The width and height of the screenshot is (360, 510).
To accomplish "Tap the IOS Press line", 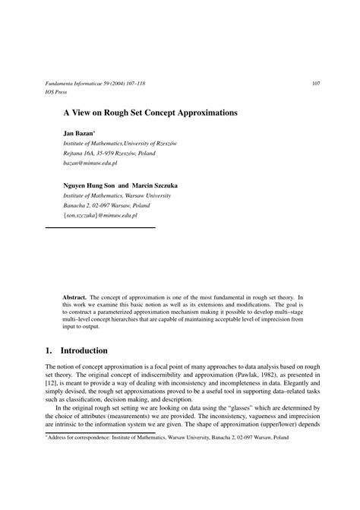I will click(57, 92).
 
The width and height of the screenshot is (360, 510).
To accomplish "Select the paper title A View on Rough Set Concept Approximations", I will click(150, 112).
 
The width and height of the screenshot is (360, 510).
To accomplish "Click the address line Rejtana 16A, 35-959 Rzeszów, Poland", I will click(109, 153).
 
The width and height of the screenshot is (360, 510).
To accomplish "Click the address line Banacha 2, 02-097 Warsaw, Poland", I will click(106, 205).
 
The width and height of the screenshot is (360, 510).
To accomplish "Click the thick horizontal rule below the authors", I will click(100, 227).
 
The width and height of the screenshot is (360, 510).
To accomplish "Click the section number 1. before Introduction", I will click(50, 350).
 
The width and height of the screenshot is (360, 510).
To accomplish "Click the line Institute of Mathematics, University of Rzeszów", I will click(120, 143).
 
